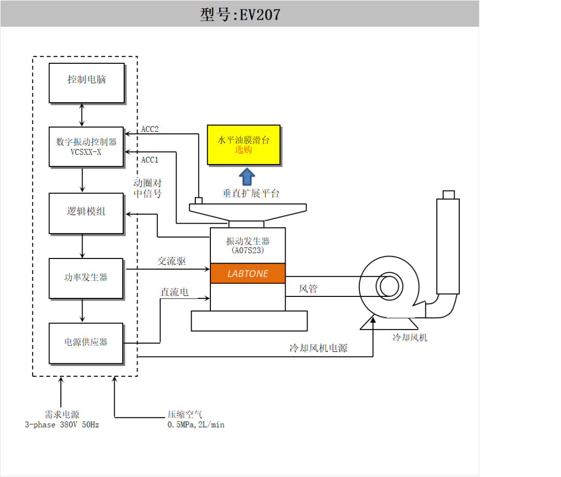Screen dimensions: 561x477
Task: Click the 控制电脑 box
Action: [87, 83]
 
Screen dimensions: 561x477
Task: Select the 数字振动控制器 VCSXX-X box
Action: [86, 146]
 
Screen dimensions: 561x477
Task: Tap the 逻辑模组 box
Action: [86, 213]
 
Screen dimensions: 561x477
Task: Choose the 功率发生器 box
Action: [86, 278]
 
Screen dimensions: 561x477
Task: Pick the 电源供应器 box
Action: [86, 343]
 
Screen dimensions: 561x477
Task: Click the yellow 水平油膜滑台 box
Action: [244, 145]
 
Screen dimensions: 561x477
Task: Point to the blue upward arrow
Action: [247, 177]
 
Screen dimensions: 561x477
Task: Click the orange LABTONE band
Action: [248, 274]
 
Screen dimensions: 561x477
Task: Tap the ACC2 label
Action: [150, 129]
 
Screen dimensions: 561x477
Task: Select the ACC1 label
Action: [150, 160]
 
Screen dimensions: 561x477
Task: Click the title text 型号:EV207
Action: [239, 15]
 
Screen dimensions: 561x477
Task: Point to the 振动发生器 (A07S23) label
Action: [248, 246]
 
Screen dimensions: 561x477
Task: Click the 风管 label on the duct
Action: [308, 289]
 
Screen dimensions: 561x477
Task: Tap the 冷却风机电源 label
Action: [318, 348]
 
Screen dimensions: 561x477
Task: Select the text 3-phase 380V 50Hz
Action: [62, 425]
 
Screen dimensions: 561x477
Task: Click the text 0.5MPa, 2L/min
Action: [196, 425]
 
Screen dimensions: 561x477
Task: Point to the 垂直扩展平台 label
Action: [250, 194]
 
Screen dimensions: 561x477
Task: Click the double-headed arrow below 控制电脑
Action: [82, 115]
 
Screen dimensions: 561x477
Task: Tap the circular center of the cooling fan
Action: [389, 286]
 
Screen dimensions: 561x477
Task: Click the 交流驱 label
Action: [172, 261]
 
